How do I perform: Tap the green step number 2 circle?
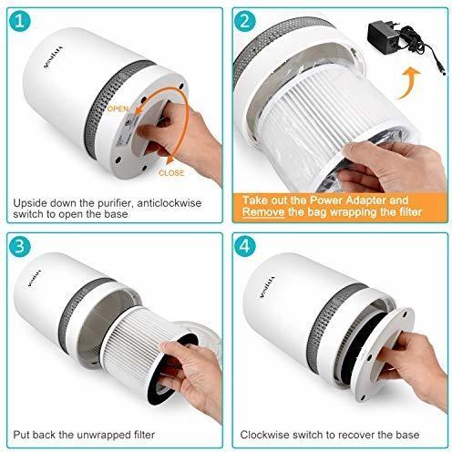[x=246, y=20]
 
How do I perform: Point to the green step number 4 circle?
[x=246, y=247]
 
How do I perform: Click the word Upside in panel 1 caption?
[x=32, y=204]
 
